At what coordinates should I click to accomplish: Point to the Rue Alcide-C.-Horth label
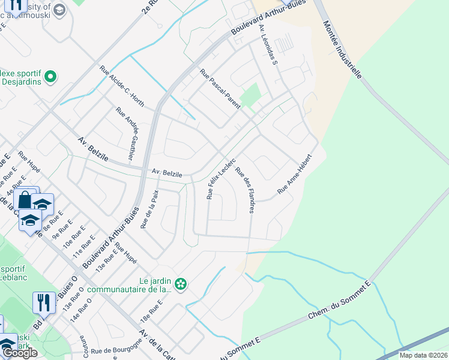(x=122, y=86)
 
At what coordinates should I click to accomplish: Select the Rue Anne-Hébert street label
(x=295, y=174)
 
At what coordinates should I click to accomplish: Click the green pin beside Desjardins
(x=50, y=77)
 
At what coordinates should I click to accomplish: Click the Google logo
(x=20, y=353)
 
